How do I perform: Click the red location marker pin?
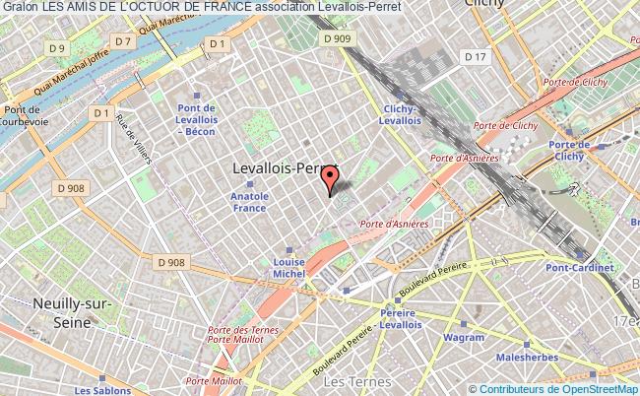click(x=330, y=178)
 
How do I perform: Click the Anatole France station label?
click(x=249, y=202)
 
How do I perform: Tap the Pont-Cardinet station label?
click(x=580, y=267)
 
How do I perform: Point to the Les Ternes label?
click(x=351, y=380)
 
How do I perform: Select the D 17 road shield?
click(x=477, y=56)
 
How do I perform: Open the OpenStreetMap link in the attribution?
click(x=600, y=388)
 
